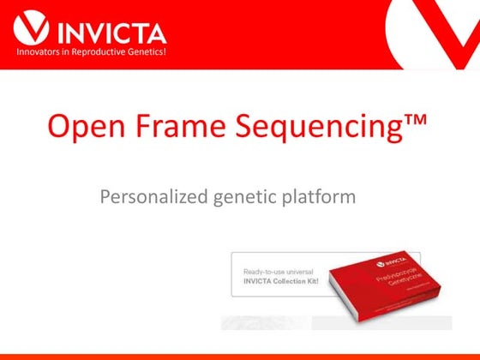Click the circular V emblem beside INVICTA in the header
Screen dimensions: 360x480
click(x=31, y=28)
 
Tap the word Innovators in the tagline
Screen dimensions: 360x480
click(x=41, y=54)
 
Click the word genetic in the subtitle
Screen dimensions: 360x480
click(x=246, y=197)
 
